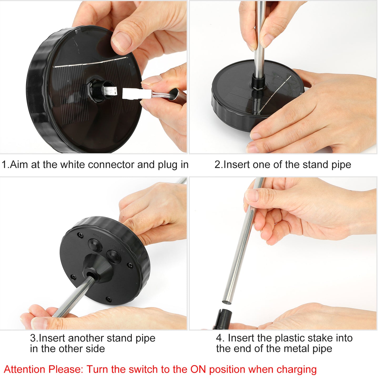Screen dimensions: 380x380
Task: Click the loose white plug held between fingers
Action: coord(133,93)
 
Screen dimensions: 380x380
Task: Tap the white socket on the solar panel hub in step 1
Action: coord(110,91)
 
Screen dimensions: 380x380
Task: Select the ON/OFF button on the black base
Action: coord(114,257)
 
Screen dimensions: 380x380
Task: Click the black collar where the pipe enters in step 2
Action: coord(259,82)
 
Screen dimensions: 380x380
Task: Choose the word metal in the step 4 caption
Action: coord(292,349)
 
